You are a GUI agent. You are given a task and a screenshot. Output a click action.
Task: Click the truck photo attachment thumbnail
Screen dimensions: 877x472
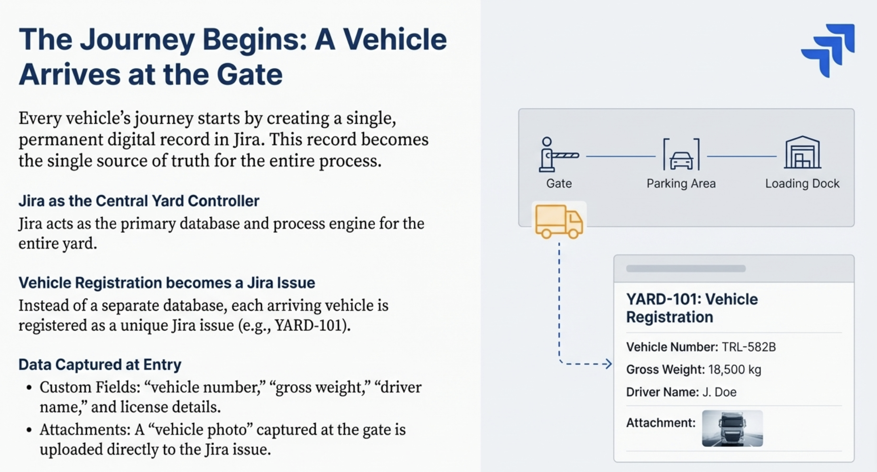click(x=732, y=428)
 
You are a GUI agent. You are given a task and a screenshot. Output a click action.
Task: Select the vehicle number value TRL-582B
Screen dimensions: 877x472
click(x=749, y=347)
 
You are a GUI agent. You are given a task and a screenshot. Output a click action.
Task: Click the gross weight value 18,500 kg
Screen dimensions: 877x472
click(x=735, y=369)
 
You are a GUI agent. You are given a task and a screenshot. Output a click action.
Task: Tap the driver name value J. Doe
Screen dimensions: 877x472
click(x=719, y=392)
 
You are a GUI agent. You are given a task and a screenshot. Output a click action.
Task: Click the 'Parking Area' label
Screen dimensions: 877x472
click(x=681, y=183)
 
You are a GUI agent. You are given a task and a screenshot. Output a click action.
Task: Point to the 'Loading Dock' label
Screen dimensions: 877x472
click(x=802, y=183)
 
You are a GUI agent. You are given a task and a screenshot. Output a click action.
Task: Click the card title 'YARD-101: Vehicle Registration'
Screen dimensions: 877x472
click(x=692, y=308)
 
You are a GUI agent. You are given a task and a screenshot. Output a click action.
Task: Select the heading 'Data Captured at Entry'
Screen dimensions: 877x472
click(x=100, y=365)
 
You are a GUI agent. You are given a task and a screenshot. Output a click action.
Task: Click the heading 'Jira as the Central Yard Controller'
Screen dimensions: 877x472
click(x=139, y=201)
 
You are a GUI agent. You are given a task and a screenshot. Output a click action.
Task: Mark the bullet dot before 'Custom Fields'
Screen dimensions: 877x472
click(x=29, y=388)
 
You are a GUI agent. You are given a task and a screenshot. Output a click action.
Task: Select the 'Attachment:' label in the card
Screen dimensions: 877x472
click(x=661, y=423)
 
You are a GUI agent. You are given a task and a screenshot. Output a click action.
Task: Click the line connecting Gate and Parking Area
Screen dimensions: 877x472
click(x=621, y=156)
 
